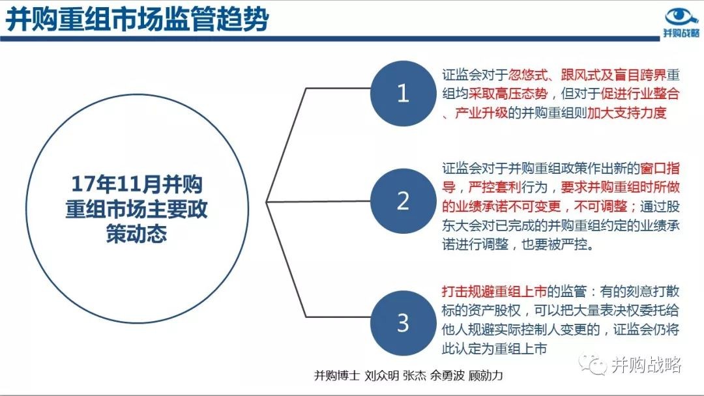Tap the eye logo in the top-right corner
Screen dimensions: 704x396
pyautogui.click(x=681, y=17)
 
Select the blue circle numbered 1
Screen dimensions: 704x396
pyautogui.click(x=403, y=93)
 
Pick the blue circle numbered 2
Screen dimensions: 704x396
pyautogui.click(x=403, y=201)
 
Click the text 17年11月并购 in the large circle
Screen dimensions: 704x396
pyautogui.click(x=137, y=184)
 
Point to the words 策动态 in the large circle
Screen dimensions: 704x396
pyautogui.click(x=136, y=234)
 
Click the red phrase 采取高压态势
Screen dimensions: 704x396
pyautogui.click(x=508, y=94)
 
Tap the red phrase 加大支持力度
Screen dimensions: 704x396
pyautogui.click(x=627, y=113)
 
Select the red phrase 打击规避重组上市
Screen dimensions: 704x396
pyautogui.click(x=494, y=292)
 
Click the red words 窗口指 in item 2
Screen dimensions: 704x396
pyautogui.click(x=660, y=169)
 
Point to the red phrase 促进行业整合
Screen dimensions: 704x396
pyautogui.click(x=640, y=94)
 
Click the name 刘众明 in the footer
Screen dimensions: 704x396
pyautogui.click(x=381, y=375)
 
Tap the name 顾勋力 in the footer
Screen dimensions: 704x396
pyautogui.click(x=486, y=375)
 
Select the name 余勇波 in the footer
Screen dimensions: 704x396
pyautogui.click(x=447, y=375)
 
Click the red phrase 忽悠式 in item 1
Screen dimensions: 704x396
pyautogui.click(x=528, y=75)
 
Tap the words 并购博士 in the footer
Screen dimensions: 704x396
pyautogui.click(x=337, y=375)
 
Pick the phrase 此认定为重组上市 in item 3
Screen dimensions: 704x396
pyautogui.click(x=494, y=349)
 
